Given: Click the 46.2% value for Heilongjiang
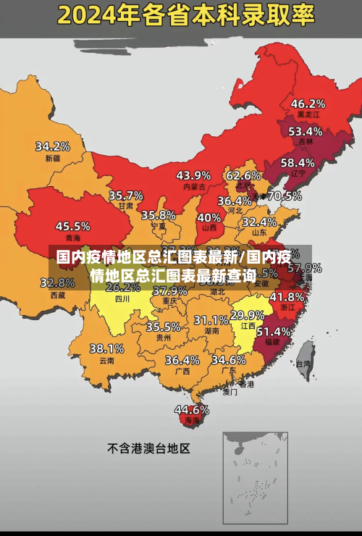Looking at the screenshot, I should (308, 104).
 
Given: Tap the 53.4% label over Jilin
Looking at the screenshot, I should (305, 131).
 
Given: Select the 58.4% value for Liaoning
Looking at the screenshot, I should (298, 163).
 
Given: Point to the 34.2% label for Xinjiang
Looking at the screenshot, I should (53, 146).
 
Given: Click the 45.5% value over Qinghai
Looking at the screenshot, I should (73, 226).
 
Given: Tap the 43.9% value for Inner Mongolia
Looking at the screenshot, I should (193, 175).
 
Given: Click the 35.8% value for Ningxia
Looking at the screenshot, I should (158, 215).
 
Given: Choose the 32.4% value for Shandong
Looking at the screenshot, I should (258, 222).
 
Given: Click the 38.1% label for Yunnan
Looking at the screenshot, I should (106, 348).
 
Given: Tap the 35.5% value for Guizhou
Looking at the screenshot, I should (163, 327).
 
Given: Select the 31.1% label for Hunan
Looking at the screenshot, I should (211, 320).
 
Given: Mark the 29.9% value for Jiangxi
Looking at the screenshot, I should (247, 315).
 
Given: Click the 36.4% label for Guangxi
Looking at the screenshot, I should (182, 360).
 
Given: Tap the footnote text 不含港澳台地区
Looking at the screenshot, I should (148, 448).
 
